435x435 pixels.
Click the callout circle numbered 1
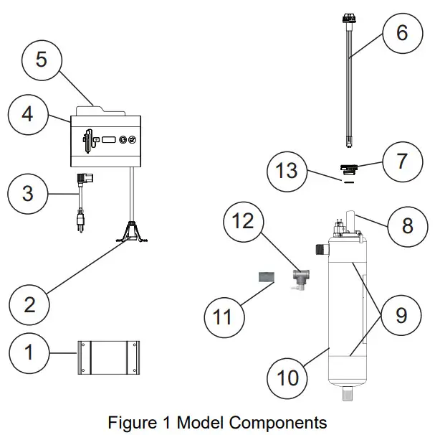click(29, 352)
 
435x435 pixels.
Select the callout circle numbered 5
click(41, 59)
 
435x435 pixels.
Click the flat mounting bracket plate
click(107, 356)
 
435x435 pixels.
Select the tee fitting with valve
click(300, 279)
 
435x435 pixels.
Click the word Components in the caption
click(272, 421)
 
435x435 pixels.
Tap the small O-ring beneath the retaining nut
click(348, 182)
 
